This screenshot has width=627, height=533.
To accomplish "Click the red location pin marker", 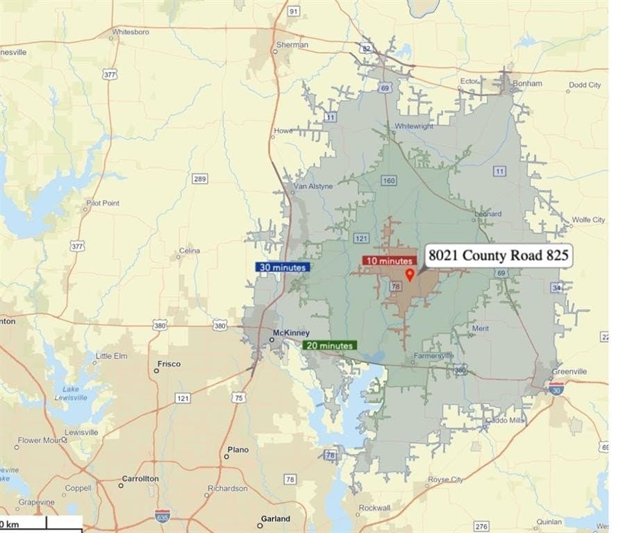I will point(409,275).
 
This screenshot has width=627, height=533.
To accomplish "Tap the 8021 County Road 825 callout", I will point(498,256).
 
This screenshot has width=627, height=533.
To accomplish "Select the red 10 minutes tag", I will point(389,261).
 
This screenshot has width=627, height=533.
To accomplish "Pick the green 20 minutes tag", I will point(329,345).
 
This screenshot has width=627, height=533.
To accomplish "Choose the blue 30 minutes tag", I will point(282,266).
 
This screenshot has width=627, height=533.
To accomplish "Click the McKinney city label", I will point(290,332).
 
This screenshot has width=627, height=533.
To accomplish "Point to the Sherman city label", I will point(292,44).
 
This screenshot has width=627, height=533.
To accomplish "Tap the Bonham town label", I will point(527,83).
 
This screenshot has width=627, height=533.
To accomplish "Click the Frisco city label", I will point(169,364).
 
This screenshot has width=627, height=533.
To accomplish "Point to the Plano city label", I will point(237,450).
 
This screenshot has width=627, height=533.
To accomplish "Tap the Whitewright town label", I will point(414,126).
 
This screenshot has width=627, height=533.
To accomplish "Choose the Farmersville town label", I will point(434,356).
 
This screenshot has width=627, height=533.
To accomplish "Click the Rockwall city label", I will point(374,508).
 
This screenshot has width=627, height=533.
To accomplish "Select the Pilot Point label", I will point(103,203).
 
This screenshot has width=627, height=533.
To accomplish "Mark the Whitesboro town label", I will point(131,32).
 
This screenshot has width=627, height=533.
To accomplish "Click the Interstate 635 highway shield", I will point(162,515).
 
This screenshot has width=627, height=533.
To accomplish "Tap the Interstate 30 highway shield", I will point(556,387).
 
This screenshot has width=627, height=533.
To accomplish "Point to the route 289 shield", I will point(200,179).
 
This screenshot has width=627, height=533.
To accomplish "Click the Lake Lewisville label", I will point(71,394).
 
